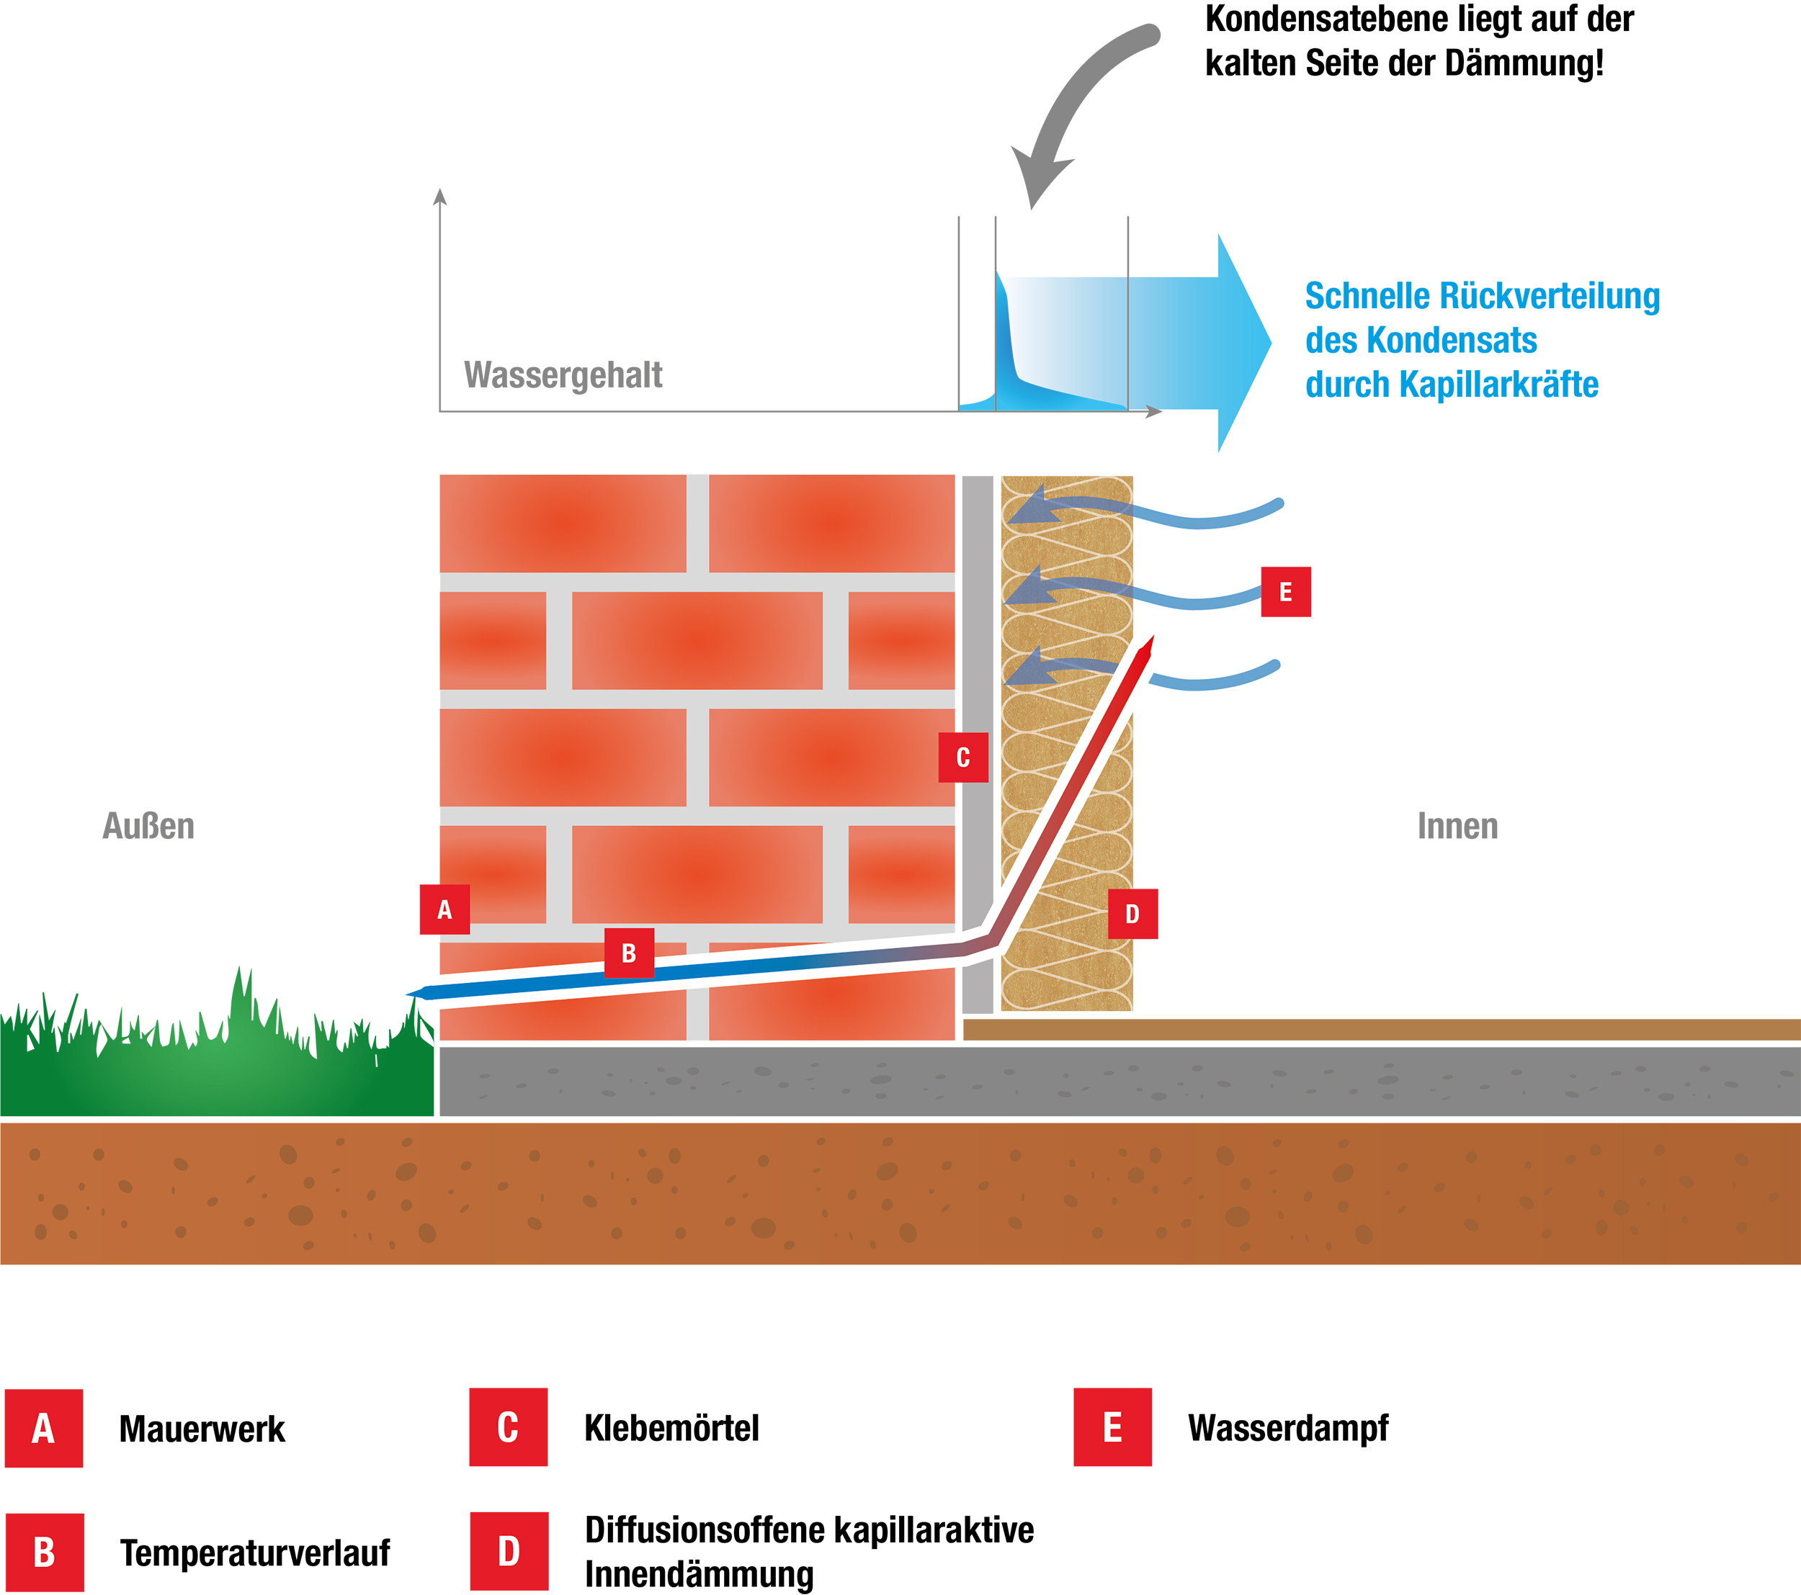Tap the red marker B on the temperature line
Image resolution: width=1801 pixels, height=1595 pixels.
pyautogui.click(x=629, y=953)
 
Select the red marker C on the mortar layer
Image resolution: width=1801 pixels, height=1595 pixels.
pyautogui.click(x=963, y=758)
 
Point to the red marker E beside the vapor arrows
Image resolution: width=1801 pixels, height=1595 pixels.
pyautogui.click(x=1285, y=592)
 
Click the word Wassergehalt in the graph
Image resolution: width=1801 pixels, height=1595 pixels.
pyautogui.click(x=563, y=375)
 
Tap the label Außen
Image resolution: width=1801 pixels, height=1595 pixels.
pyautogui.click(x=148, y=826)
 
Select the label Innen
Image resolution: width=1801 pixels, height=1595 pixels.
pyautogui.click(x=1457, y=826)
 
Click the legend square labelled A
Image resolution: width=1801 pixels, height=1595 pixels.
pyautogui.click(x=44, y=1429)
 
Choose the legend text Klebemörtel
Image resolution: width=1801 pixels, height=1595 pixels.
pyautogui.click(x=671, y=1428)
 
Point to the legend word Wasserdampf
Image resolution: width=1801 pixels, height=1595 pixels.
pyautogui.click(x=1287, y=1428)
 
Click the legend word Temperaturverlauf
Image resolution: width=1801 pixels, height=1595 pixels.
pyautogui.click(x=254, y=1553)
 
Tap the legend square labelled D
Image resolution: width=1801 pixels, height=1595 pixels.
pyautogui.click(x=509, y=1551)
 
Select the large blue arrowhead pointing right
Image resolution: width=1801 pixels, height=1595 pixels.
pyautogui.click(x=1243, y=343)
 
